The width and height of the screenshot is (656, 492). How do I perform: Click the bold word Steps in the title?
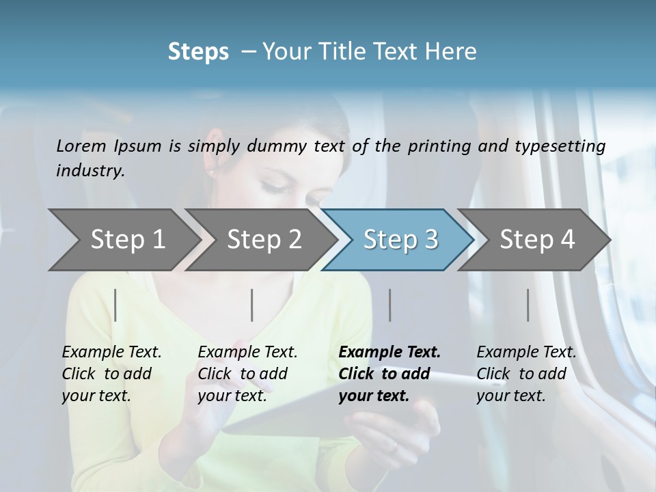[198, 52]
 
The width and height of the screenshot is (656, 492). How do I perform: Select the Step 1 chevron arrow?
[123, 239]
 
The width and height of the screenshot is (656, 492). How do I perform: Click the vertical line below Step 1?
[115, 305]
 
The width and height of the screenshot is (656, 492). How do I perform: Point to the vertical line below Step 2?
[252, 305]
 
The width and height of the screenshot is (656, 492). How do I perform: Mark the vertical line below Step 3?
[389, 305]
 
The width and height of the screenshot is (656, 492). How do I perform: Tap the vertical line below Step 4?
[528, 305]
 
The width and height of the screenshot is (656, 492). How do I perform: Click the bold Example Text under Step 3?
[389, 352]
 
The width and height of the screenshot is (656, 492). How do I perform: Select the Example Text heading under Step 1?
[111, 352]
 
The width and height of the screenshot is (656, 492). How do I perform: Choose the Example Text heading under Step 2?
[247, 352]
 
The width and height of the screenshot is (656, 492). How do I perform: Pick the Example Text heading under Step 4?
[526, 352]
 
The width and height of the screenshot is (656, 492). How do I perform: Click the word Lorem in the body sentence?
[81, 146]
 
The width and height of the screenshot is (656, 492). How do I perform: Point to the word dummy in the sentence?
[280, 146]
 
